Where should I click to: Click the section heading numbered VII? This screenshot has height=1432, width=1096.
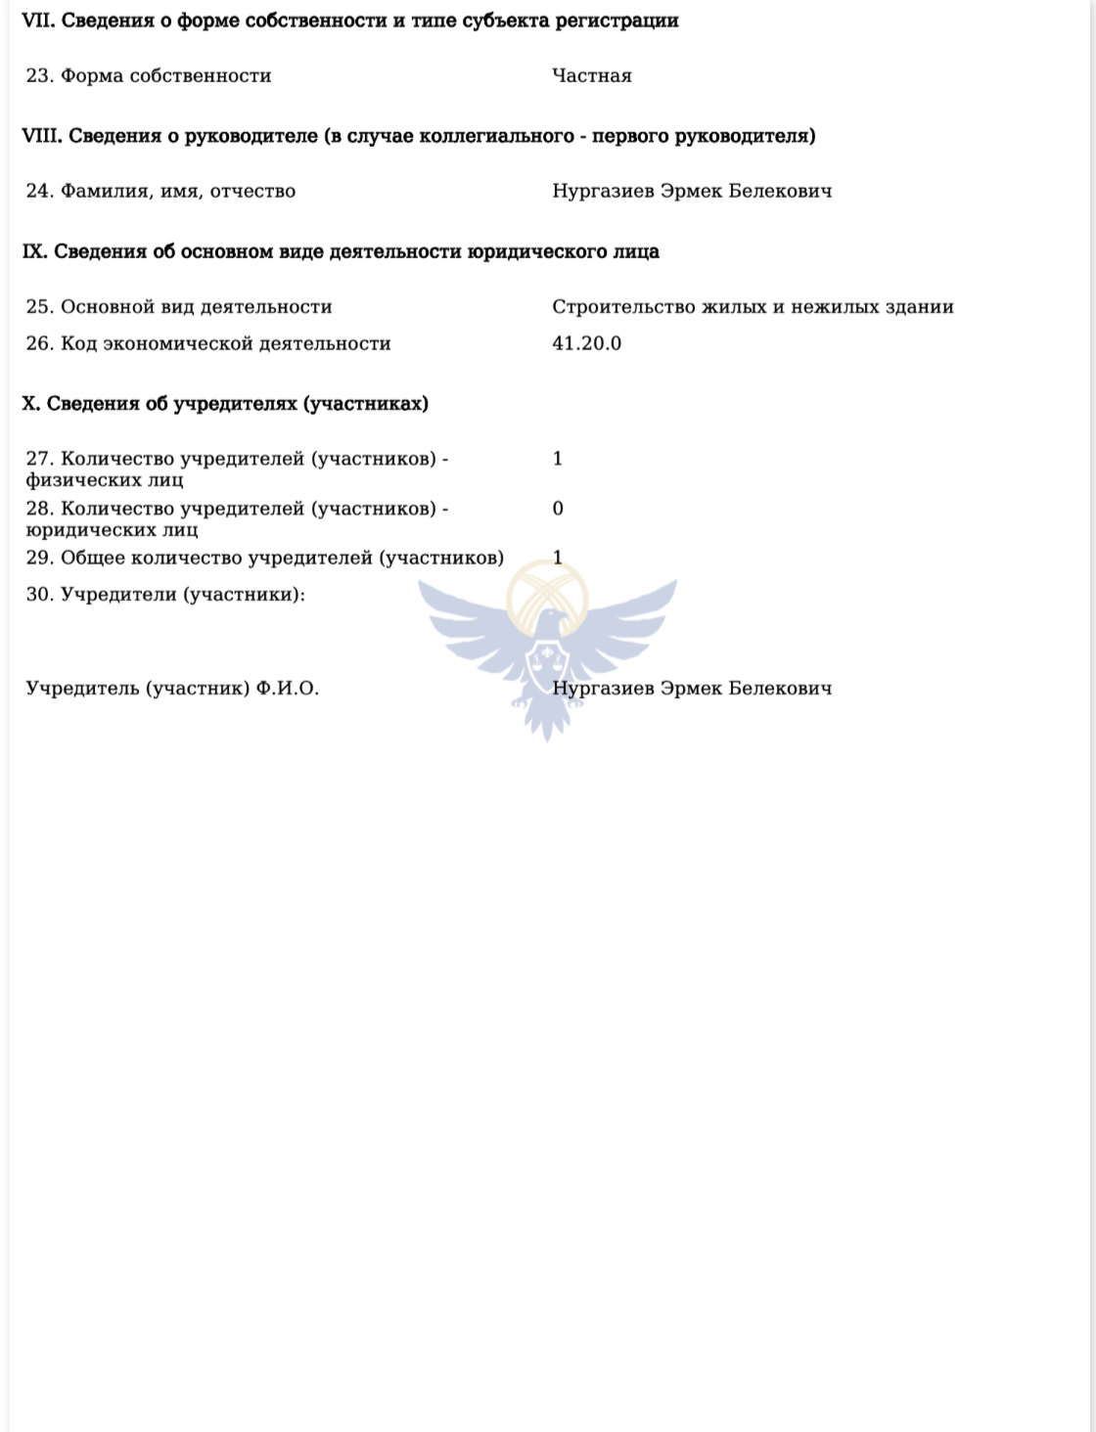tap(349, 21)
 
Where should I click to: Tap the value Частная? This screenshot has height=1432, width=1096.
tap(591, 75)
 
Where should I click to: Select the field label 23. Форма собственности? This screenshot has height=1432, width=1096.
tap(149, 75)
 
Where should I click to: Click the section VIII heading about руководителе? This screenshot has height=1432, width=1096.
tap(418, 136)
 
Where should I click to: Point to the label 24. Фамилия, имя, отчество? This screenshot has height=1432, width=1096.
tap(160, 191)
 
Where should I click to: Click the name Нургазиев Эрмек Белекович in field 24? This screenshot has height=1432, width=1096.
tap(692, 191)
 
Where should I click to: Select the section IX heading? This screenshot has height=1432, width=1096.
tap(341, 251)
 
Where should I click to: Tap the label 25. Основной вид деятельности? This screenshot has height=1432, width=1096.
tap(179, 307)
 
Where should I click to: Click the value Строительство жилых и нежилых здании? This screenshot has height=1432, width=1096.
tap(753, 307)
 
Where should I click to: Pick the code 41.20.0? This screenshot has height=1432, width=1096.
tap(586, 343)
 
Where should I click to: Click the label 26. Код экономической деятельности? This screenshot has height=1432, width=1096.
tap(208, 343)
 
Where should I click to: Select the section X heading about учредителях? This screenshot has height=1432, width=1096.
tap(225, 404)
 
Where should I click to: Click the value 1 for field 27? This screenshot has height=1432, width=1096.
tap(558, 459)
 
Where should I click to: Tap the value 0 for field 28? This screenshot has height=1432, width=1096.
tap(558, 509)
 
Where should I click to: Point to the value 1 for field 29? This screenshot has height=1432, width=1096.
tap(558, 558)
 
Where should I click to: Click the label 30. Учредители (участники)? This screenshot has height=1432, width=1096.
tap(165, 594)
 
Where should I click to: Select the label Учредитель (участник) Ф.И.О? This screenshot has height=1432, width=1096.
tap(172, 689)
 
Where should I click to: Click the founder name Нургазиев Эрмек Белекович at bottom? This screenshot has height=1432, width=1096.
tap(692, 689)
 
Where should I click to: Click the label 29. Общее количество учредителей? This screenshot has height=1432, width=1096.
tap(264, 558)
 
